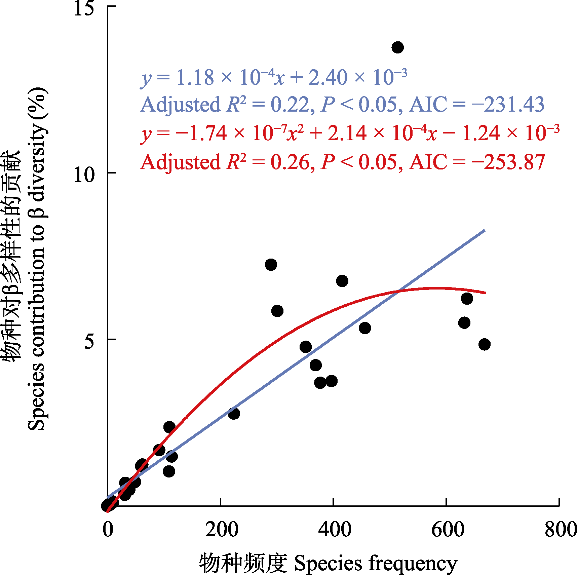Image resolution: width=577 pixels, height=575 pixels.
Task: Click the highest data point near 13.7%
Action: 397,47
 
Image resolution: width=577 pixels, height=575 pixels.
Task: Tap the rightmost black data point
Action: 484,344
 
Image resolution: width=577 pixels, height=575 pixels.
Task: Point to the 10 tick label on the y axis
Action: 84,175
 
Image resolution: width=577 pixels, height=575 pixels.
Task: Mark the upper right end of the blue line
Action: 484,230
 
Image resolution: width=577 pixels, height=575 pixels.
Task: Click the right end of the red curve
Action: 485,293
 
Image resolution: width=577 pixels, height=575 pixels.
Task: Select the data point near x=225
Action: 234,413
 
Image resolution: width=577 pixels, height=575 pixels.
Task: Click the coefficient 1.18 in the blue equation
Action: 195,77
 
